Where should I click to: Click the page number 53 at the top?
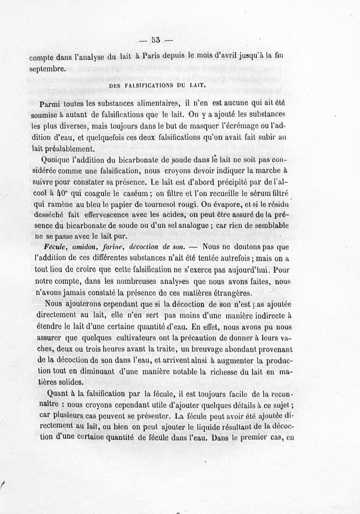pyautogui.click(x=156, y=39)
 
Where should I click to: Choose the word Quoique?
pyautogui.click(x=56, y=160)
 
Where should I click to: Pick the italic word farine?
pyautogui.click(x=113, y=247)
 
